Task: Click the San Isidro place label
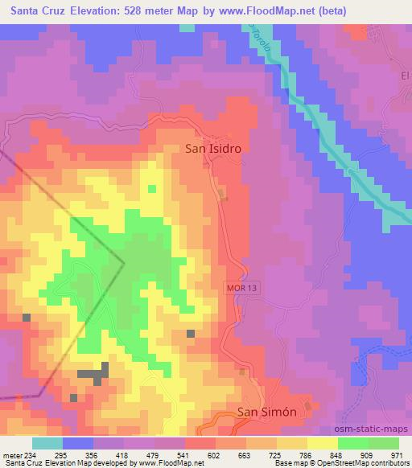pos(213,149)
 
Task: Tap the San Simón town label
pos(268,412)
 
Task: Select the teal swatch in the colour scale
pos(48,443)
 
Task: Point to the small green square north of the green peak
pos(151,189)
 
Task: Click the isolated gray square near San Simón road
pos(191,334)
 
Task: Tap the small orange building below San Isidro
pos(224,193)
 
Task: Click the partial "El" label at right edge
pos(406,76)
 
